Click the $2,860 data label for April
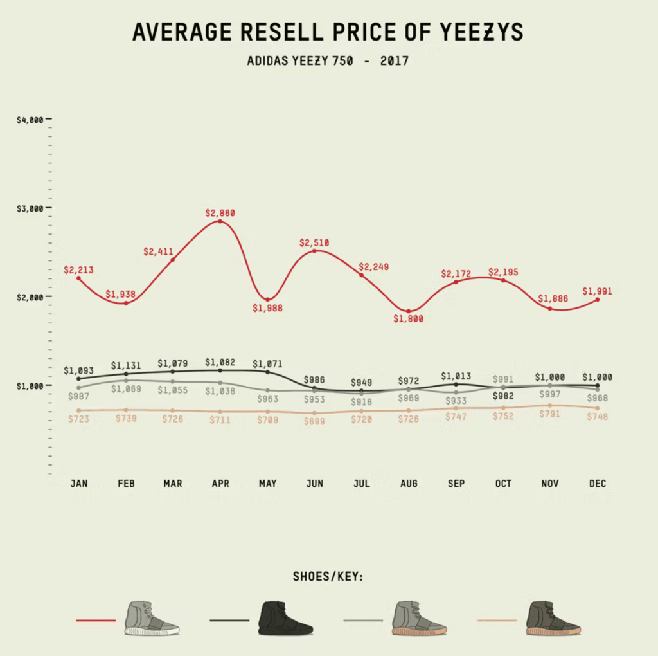(x=220, y=212)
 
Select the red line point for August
(x=409, y=311)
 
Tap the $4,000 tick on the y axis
(x=30, y=120)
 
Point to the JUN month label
(x=314, y=484)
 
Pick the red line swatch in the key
(x=95, y=621)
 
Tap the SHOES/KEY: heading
(x=328, y=576)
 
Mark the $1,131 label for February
(x=125, y=365)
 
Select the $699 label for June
(x=314, y=422)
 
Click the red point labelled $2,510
(x=314, y=251)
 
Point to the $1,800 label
(x=409, y=318)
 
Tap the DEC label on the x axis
(x=597, y=484)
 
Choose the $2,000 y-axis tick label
(x=30, y=297)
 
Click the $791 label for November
(x=550, y=414)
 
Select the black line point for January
(x=78, y=379)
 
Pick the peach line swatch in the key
(x=497, y=621)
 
